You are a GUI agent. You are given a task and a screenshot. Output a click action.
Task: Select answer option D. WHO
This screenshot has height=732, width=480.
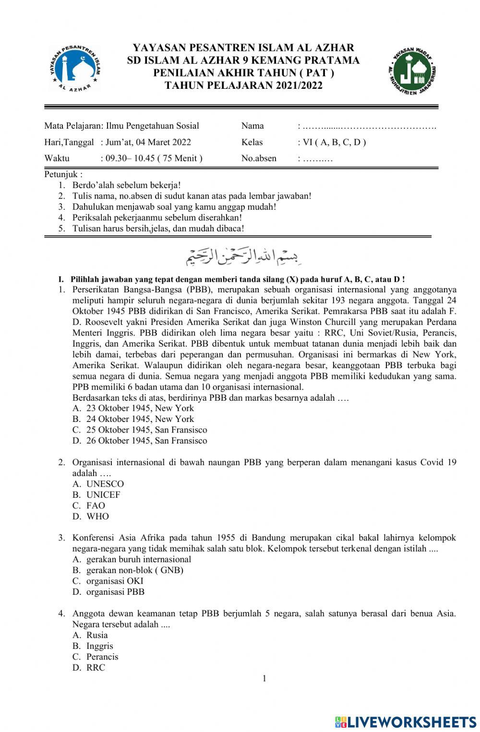click(x=91, y=516)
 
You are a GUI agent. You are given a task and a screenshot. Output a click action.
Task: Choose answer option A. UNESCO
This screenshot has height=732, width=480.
click(x=98, y=484)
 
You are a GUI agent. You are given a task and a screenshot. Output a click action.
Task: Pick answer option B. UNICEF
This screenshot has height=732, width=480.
click(x=96, y=495)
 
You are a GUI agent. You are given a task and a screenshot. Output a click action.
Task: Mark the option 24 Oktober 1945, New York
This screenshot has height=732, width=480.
click(x=133, y=419)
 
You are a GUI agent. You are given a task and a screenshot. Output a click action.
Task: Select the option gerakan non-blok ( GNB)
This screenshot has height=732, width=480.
click(x=128, y=570)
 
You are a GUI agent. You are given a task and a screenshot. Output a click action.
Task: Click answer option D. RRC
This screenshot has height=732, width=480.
click(x=89, y=668)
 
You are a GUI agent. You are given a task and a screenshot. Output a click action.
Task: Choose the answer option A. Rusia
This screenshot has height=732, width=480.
click(x=91, y=635)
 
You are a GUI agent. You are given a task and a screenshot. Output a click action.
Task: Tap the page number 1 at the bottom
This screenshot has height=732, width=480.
click(x=264, y=678)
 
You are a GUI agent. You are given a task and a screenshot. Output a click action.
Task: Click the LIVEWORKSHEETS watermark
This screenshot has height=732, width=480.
click(x=405, y=722)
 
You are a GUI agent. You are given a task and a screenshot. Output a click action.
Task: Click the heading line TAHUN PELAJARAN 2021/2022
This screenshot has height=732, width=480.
click(x=243, y=85)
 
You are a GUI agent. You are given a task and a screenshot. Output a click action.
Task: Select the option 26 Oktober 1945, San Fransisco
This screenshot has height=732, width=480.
click(x=140, y=441)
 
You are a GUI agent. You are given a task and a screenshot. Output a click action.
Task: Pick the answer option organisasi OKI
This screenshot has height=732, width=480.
click(x=108, y=581)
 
